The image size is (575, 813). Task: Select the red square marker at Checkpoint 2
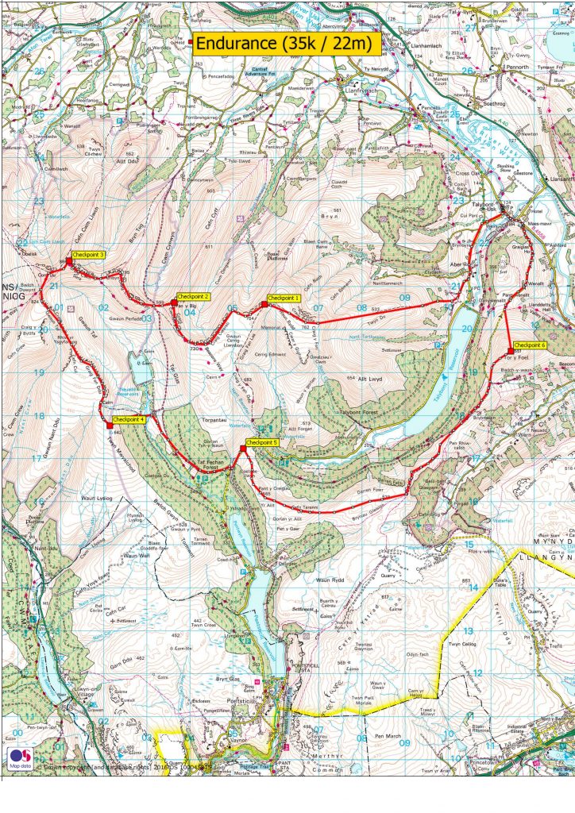(x=174, y=302)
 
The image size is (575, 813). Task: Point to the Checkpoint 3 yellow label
(x=89, y=255)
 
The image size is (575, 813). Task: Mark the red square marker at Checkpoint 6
(x=509, y=352)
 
